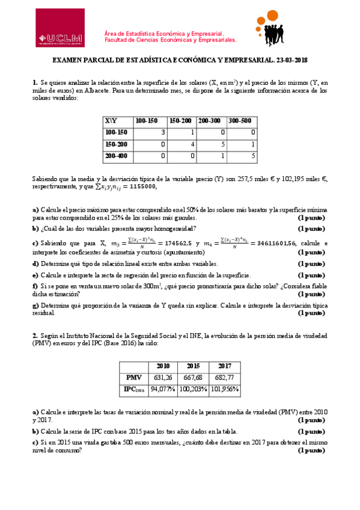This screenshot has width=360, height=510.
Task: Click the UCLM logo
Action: (59, 28)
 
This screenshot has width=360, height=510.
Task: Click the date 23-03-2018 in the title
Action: (289, 60)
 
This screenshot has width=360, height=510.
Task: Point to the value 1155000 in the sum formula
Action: (139, 186)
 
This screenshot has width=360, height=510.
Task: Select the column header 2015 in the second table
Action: (192, 366)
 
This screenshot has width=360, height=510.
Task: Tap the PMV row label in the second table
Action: (133, 377)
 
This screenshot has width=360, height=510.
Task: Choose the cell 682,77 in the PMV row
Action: (225, 377)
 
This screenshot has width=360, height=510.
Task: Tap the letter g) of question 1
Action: (35, 306)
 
